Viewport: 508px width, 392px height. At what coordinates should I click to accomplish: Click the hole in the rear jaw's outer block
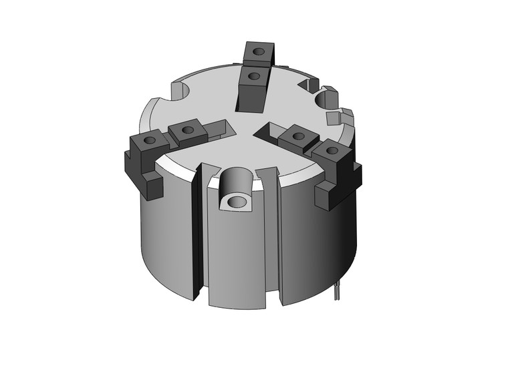259,50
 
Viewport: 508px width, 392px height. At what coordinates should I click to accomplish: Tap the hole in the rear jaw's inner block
253,76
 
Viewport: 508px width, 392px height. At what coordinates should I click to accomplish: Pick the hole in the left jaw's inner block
188,130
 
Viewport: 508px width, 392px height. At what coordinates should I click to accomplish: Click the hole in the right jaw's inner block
299,136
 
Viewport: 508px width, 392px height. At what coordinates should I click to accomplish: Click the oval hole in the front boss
236,201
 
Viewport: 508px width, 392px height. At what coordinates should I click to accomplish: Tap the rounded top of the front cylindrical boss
237,179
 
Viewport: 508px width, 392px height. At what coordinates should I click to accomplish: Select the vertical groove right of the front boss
274,234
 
